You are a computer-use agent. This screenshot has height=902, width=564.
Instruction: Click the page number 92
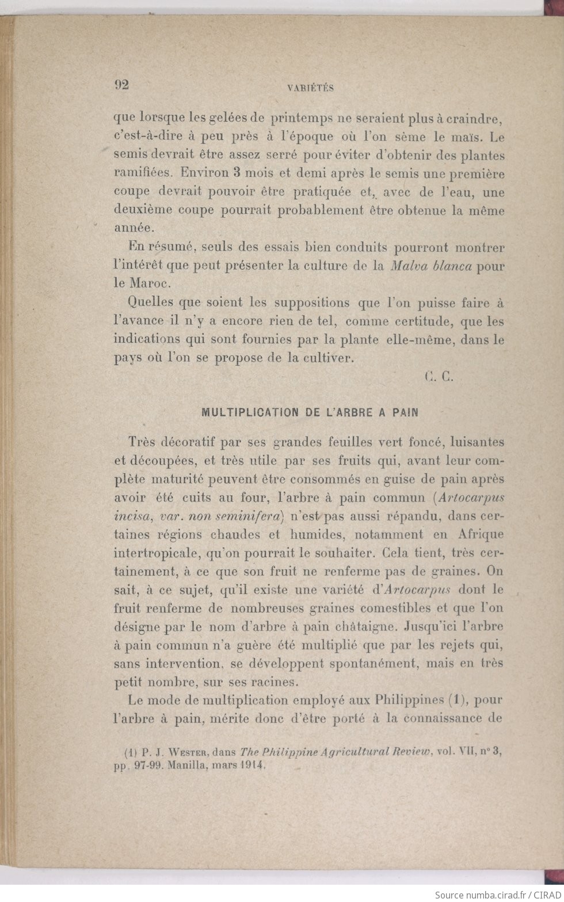[121, 85]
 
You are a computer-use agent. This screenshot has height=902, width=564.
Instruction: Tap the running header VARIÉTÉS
[310, 88]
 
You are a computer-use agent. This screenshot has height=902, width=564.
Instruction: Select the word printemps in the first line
[302, 119]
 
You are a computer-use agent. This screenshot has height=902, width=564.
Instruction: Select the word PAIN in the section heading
[406, 412]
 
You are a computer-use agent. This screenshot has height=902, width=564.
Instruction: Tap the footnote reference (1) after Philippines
[457, 700]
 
